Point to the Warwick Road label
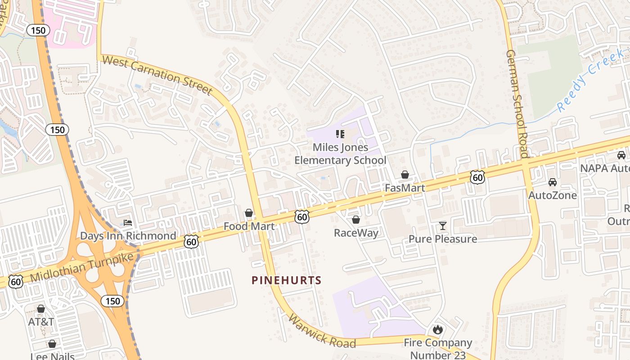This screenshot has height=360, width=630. (x=321, y=332)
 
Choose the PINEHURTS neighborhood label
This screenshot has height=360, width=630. (x=287, y=280)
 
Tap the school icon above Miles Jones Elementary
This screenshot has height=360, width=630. (x=340, y=134)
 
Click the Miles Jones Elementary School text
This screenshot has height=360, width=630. (x=340, y=154)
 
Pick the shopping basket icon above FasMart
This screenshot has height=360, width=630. (x=405, y=175)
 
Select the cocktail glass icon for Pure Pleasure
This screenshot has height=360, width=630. (x=443, y=225)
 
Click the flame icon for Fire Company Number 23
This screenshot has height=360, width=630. (x=437, y=330)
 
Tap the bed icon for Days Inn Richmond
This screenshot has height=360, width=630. (x=128, y=223)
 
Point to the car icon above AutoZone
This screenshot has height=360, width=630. (x=552, y=182)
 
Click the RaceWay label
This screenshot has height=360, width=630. (x=356, y=233)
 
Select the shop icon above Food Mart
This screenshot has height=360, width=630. (x=249, y=213)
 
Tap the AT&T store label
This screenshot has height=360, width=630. (x=41, y=322)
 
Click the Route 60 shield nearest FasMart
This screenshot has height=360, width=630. (x=477, y=177)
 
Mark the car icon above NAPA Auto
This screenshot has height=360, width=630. (x=621, y=155)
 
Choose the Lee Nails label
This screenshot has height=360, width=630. (x=52, y=356)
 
